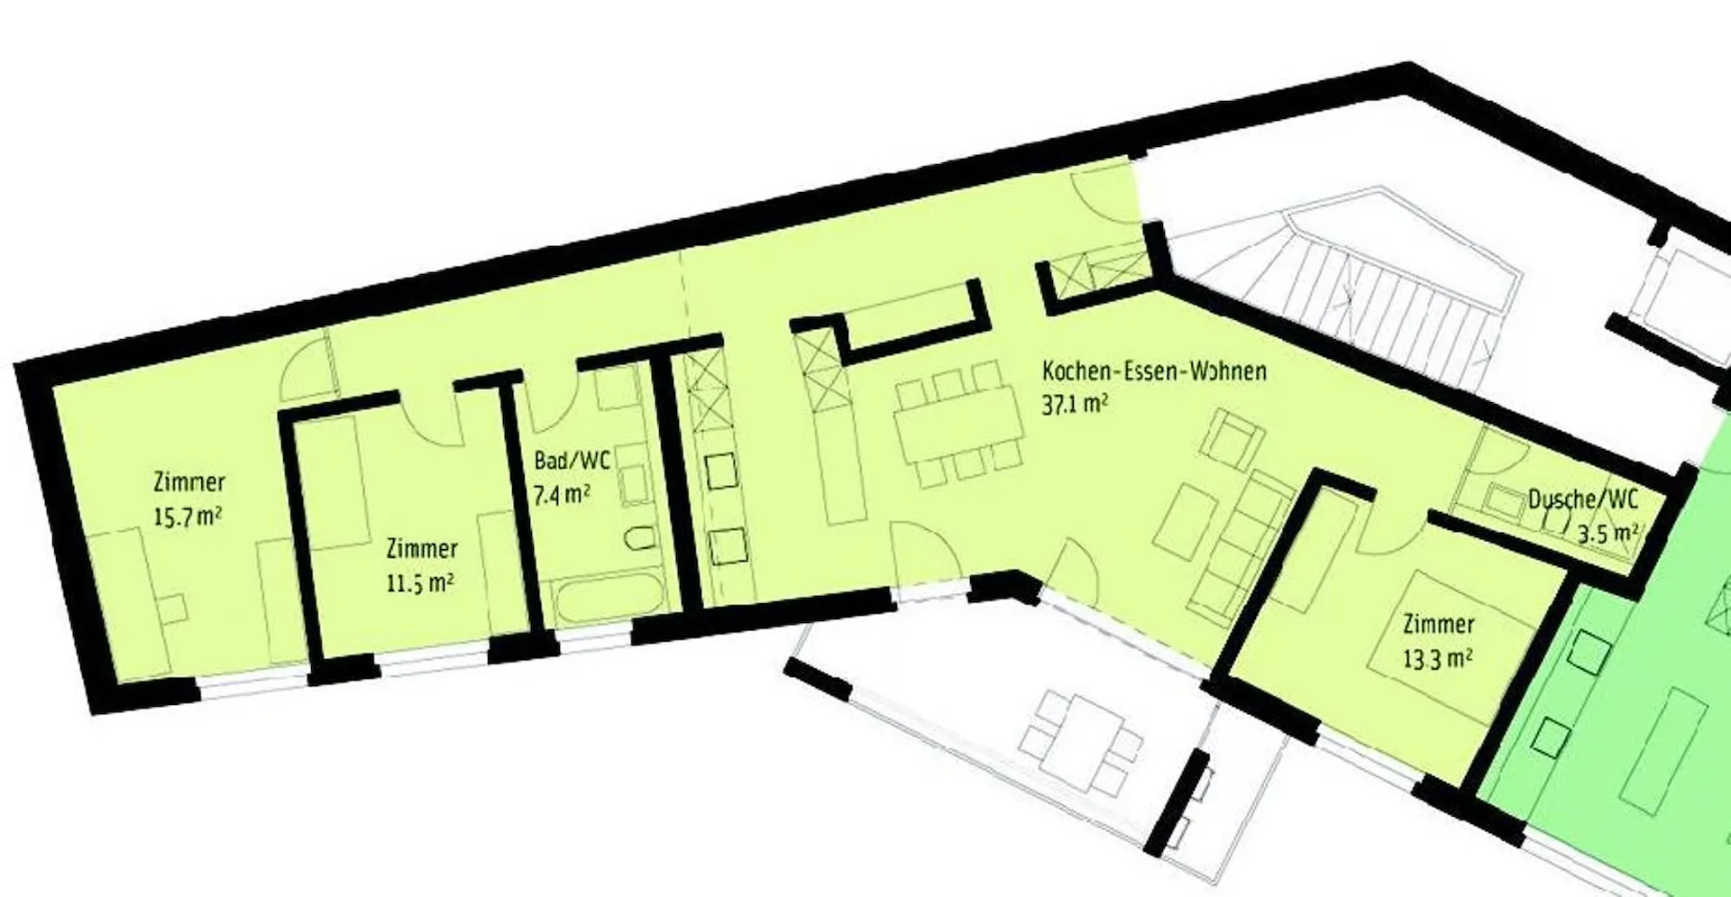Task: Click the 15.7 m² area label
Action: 188,517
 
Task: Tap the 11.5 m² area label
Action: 420,583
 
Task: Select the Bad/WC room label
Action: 572,461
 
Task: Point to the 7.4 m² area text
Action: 562,495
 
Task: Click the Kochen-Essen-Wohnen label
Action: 1154,371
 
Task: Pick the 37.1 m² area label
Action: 1075,405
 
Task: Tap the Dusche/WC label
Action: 1582,499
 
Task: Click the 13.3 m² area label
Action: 1438,659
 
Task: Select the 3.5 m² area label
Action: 1607,534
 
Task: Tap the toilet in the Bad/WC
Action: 640,538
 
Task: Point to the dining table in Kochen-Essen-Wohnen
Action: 958,426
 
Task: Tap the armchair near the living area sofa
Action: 1227,440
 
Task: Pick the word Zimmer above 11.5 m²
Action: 422,549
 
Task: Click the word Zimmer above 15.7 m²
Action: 189,481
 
